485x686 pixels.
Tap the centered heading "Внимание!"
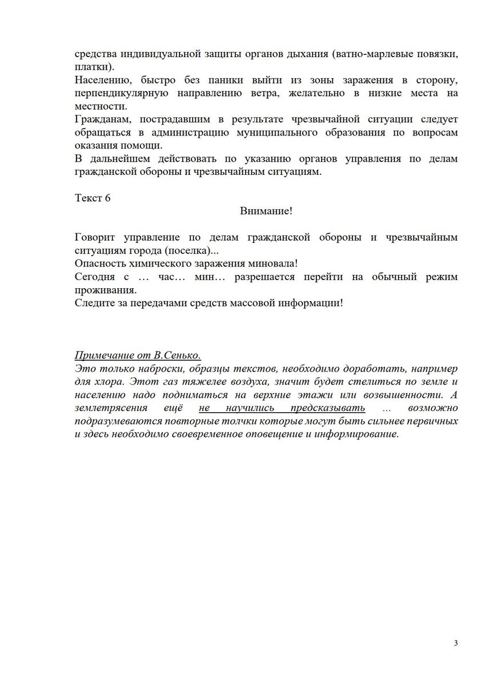(266, 211)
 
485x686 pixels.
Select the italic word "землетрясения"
(111, 408)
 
